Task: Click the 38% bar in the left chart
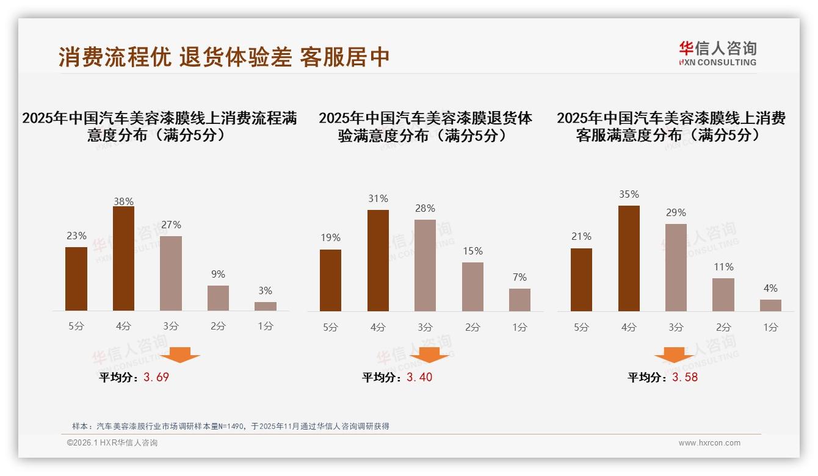point(123,259)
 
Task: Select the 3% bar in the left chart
point(266,306)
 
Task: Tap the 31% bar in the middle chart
point(378,261)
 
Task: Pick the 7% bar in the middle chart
point(519,300)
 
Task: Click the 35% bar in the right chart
point(629,258)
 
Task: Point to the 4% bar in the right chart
point(770,305)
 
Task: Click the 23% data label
point(76,236)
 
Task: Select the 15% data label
point(472,251)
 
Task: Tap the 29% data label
point(676,213)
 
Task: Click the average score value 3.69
point(156,377)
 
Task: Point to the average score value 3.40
point(419,377)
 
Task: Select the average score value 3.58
point(685,377)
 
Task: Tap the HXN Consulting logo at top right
point(717,54)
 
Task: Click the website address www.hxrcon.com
point(709,443)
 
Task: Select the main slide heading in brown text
point(224,57)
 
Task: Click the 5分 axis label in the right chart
point(581,327)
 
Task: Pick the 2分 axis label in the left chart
point(218,326)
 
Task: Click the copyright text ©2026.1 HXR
point(112,443)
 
